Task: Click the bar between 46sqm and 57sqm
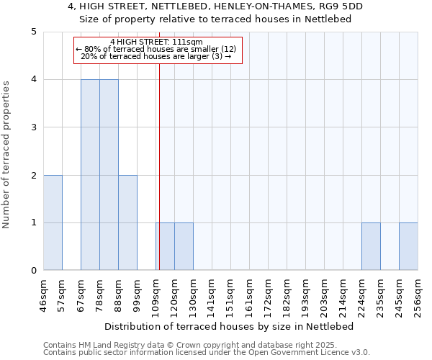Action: pos(53,222)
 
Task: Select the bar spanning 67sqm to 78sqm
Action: pos(90,175)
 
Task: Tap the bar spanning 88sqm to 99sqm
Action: pos(127,222)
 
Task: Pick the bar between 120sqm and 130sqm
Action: pos(184,246)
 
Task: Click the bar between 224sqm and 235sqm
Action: pos(371,246)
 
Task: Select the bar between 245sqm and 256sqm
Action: pos(408,246)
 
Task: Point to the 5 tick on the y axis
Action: pos(33,32)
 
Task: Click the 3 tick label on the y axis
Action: pos(33,127)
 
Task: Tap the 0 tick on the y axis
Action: pos(33,271)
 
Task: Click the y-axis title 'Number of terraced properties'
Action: pos(7,155)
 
